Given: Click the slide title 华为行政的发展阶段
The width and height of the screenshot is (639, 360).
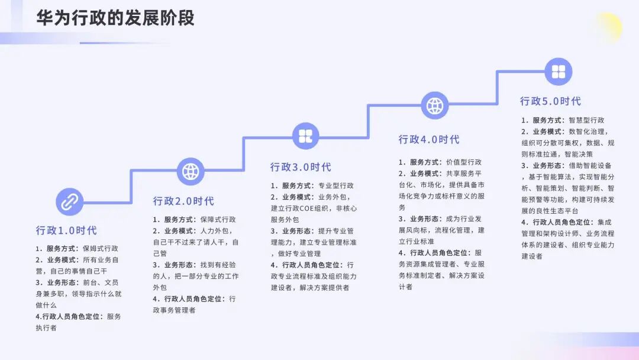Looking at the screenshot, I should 115,18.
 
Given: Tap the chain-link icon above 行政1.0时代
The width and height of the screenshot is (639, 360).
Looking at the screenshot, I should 70,201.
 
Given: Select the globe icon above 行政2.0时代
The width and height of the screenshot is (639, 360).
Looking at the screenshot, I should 190,171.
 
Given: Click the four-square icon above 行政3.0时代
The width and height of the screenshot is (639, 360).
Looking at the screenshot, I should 306,136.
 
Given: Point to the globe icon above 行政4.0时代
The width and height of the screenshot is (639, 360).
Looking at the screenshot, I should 435,105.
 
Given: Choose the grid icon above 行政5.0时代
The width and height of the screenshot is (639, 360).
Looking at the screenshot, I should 559,72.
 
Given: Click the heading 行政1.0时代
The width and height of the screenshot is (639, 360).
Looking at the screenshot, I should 66,230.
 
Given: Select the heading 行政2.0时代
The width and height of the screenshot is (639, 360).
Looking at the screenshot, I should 183,201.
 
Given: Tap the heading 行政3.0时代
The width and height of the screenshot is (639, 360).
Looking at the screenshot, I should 301,168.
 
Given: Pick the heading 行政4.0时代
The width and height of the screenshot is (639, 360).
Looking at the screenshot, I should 429,140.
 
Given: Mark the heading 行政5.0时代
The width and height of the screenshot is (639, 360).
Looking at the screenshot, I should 550,101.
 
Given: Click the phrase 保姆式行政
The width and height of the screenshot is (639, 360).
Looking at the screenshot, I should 100,249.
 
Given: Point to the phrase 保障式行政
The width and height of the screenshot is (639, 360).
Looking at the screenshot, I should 218,220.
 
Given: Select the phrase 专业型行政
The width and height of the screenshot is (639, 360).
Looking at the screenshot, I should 335,186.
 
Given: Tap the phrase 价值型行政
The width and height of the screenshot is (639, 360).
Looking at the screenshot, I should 464,162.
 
